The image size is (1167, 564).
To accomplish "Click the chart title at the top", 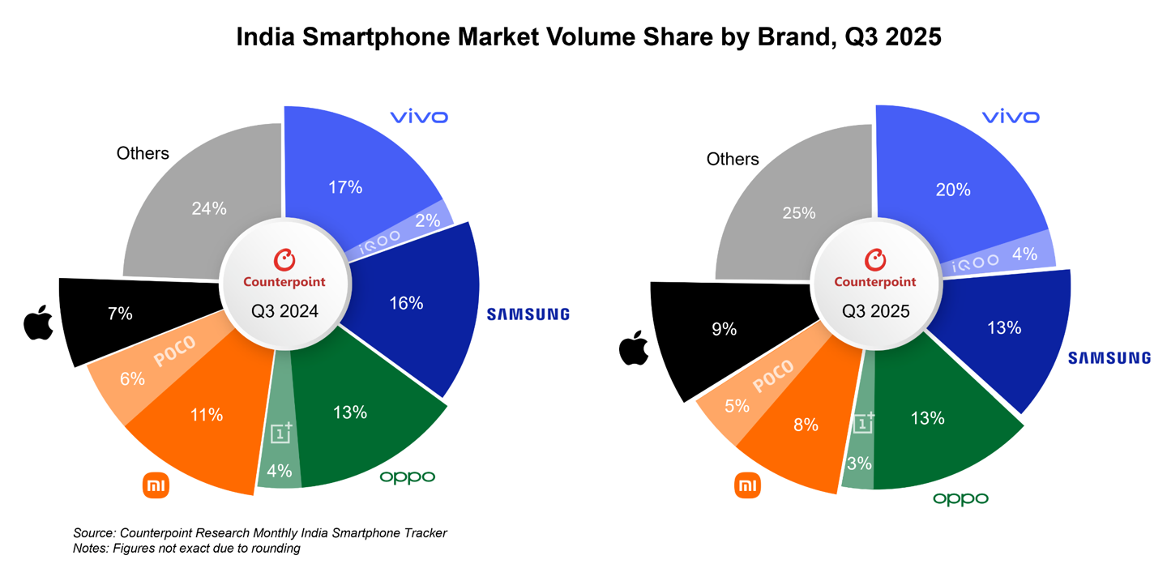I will tap(588, 36).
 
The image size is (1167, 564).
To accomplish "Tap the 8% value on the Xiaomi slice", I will tap(806, 425).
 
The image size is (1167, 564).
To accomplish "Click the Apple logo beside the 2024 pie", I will tap(38, 324).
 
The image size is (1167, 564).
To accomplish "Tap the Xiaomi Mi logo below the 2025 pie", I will tap(747, 486).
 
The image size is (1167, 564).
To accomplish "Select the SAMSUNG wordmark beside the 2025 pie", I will tap(1109, 357).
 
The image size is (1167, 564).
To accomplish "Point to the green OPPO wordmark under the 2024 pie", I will tap(407, 477).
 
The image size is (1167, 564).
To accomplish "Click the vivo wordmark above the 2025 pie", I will tap(1009, 117).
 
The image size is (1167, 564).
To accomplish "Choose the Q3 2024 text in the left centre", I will tap(284, 311).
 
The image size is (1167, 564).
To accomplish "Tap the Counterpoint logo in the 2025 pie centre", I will tap(874, 269).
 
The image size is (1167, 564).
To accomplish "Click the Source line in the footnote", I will tap(259, 532).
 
